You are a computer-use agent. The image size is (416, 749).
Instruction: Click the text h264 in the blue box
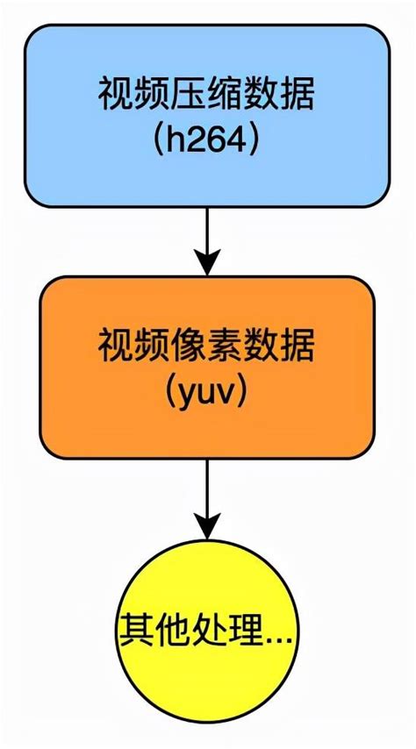(x=208, y=140)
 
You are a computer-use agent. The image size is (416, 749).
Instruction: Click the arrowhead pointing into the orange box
(x=207, y=261)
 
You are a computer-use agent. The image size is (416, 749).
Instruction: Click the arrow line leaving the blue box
(x=207, y=230)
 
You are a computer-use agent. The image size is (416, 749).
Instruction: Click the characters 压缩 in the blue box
(x=208, y=95)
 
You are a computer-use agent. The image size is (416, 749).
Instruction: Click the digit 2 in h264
(x=195, y=140)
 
